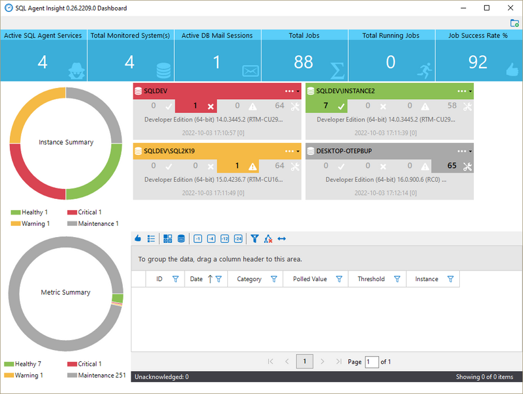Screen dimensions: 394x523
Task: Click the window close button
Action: pos(510,8)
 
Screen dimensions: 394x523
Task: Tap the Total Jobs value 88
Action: pos(304,62)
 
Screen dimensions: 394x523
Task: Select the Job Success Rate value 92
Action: pos(478,62)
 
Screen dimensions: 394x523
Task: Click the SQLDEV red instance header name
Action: pos(155,91)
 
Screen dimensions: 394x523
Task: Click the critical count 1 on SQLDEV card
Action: pos(196,106)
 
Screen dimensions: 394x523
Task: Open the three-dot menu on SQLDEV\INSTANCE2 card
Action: pos(462,91)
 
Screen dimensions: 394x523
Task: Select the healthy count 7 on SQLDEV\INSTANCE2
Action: pos(326,106)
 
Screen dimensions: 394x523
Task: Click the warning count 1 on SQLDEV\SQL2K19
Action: pos(237,166)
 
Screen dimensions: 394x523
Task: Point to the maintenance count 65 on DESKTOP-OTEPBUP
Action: pos(452,166)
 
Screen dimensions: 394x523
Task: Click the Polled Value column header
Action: pos(309,279)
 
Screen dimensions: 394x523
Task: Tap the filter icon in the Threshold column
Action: pos(397,279)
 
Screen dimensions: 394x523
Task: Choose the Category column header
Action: pos(249,279)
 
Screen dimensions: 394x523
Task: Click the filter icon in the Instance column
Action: pos(451,279)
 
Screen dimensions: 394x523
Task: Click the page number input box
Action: pos(371,362)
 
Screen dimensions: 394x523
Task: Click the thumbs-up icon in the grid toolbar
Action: pos(138,238)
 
